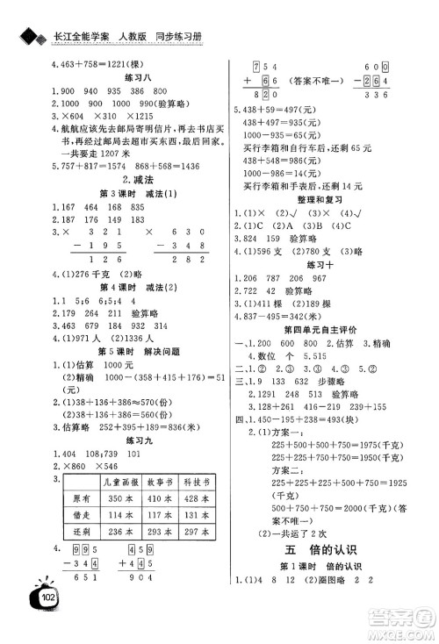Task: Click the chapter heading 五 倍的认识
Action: [327, 574]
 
